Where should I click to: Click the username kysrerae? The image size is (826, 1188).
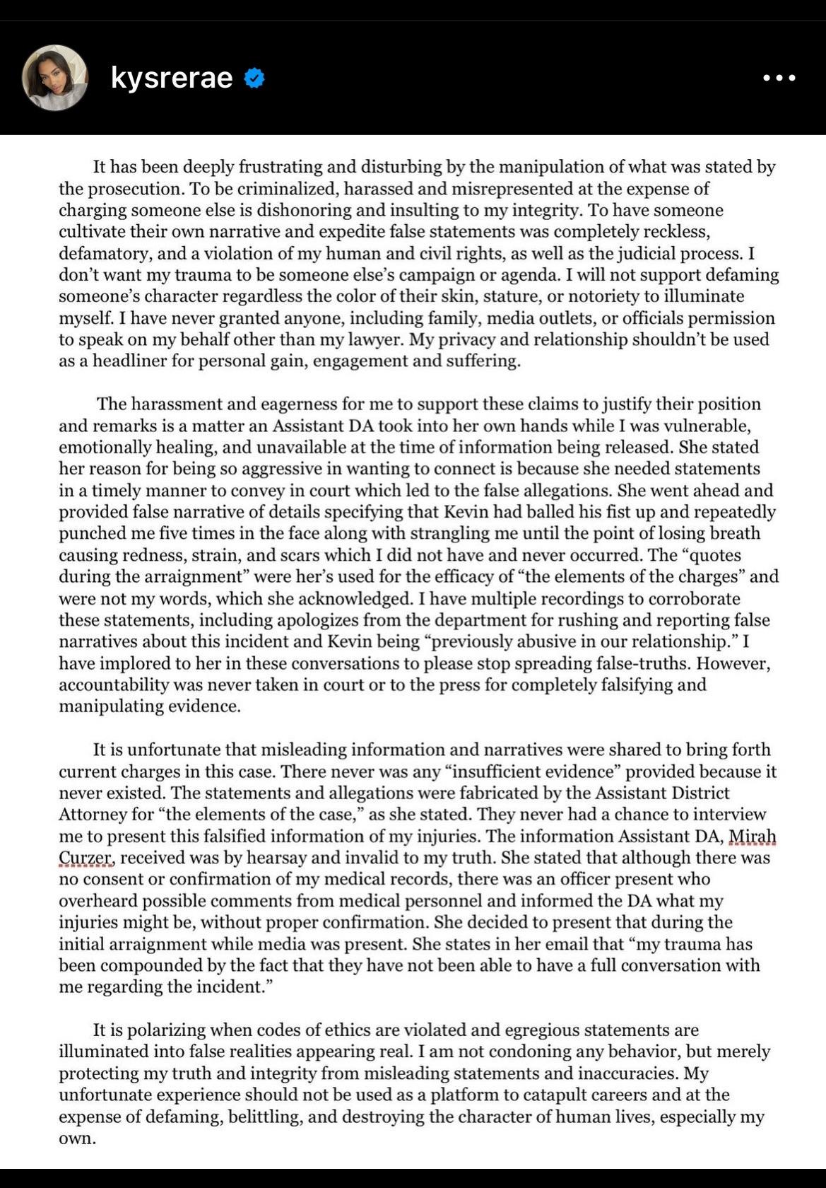click(172, 78)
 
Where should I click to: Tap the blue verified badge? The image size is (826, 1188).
click(254, 78)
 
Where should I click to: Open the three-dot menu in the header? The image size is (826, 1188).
click(779, 78)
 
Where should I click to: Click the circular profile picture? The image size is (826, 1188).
click(55, 78)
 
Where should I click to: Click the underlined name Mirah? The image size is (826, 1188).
click(752, 836)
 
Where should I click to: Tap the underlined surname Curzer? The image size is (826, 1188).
click(85, 858)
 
